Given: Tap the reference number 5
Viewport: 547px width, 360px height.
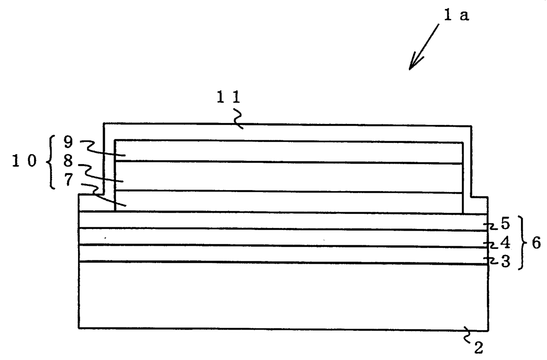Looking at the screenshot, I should (x=505, y=224).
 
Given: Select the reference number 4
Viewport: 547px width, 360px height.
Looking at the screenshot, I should (x=505, y=243).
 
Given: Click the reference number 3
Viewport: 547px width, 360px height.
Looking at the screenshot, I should (x=505, y=262).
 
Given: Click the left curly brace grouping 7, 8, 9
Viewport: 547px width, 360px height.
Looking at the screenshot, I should (x=50, y=162).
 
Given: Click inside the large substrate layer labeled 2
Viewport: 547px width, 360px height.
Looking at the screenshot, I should (x=282, y=296).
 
